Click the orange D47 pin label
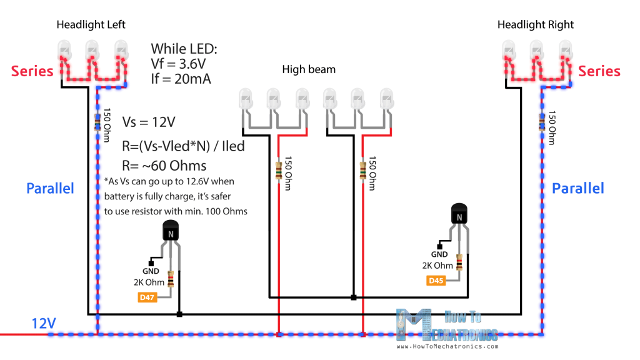click(147, 297)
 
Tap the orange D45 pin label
click(436, 281)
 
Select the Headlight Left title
click(91, 25)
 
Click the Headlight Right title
click(536, 25)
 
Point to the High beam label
click(309, 69)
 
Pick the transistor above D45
click(459, 216)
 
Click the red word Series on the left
click(32, 71)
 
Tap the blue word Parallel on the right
click(578, 188)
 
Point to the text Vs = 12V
click(149, 122)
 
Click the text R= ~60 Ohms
click(163, 166)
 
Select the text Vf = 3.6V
click(179, 64)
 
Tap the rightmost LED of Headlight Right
click(566, 49)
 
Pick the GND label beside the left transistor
click(151, 271)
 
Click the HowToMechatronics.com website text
click(447, 346)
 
